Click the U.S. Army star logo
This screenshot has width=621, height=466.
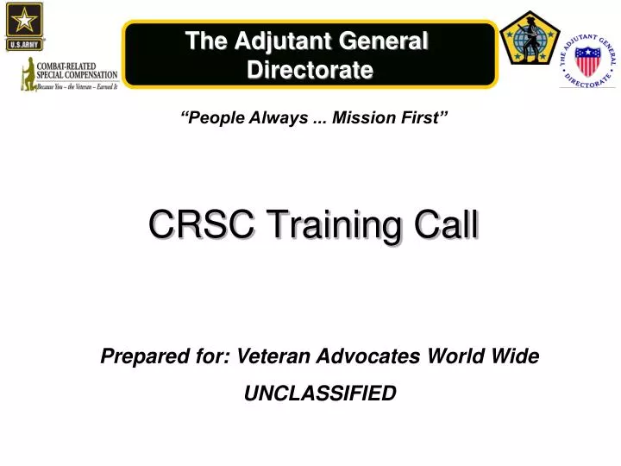24,27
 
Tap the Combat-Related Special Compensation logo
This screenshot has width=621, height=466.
69,73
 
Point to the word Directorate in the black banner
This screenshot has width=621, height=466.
310,69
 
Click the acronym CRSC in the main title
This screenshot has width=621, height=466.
191,225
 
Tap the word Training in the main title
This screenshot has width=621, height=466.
318,225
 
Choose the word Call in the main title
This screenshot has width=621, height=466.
443,225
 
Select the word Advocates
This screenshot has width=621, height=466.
373,356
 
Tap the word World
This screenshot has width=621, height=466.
465,356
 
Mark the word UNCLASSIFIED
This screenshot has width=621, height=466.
320,394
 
